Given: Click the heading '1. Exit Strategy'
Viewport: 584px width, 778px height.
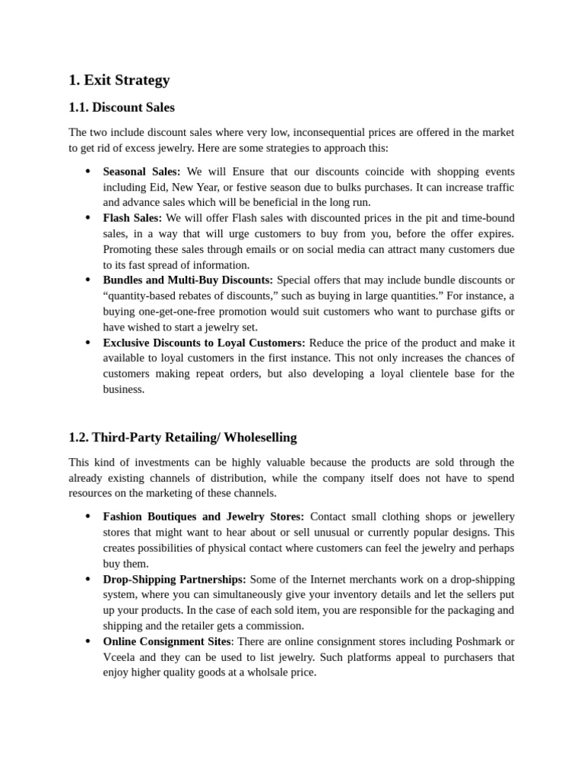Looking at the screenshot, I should click(x=119, y=80).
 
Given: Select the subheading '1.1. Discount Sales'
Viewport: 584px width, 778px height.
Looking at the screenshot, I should click(x=122, y=107).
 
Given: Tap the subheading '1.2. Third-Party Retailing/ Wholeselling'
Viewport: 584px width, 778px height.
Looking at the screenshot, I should click(x=182, y=438).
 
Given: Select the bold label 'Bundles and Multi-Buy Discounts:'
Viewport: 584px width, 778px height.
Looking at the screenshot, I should click(x=188, y=280).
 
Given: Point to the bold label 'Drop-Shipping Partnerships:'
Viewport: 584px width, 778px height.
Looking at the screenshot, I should click(x=174, y=579).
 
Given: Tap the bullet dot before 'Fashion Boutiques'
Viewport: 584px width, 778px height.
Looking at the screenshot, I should click(x=87, y=517).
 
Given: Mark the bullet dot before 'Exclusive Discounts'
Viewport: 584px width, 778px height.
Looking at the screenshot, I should click(x=87, y=343).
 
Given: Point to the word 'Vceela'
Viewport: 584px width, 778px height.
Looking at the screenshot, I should click(x=120, y=657).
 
